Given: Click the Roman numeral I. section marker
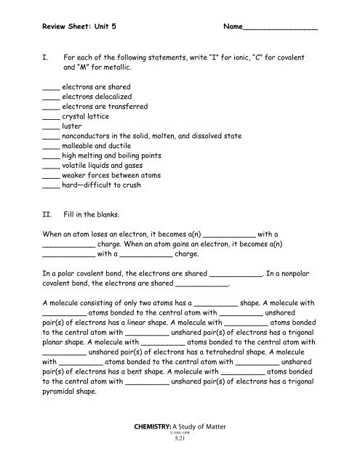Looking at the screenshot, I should (47, 57).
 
